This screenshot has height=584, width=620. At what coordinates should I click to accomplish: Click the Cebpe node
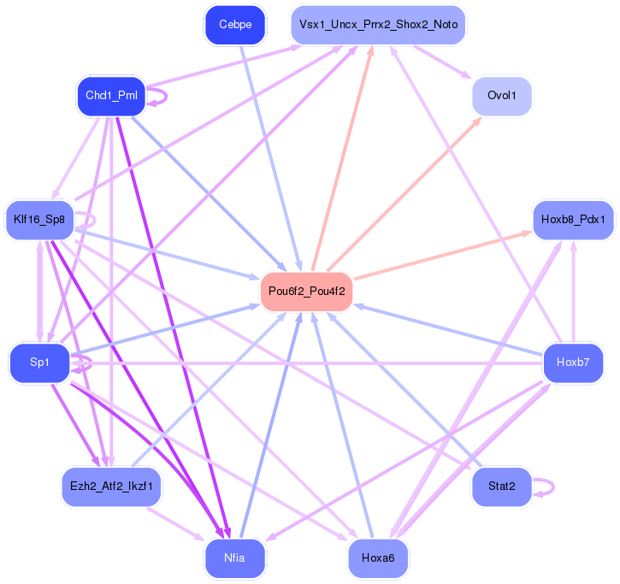click(235, 25)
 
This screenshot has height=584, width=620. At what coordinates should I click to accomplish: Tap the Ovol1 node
click(502, 96)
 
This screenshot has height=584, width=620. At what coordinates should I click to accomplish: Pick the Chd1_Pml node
click(111, 95)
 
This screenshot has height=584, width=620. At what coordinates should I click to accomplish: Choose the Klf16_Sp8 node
click(39, 220)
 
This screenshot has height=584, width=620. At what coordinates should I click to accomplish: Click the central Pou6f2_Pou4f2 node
click(306, 291)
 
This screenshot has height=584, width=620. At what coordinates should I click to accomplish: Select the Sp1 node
click(39, 363)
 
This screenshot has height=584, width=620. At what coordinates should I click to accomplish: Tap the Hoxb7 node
click(573, 363)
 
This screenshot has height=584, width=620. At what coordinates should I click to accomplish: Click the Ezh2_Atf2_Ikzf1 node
click(111, 487)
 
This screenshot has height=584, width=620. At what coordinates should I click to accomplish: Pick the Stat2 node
click(502, 487)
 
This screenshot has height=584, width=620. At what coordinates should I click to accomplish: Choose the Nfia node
click(235, 558)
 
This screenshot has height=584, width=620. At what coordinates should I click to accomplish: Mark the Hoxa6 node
click(378, 558)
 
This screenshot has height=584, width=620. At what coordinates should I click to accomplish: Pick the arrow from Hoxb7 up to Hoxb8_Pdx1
click(573, 291)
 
